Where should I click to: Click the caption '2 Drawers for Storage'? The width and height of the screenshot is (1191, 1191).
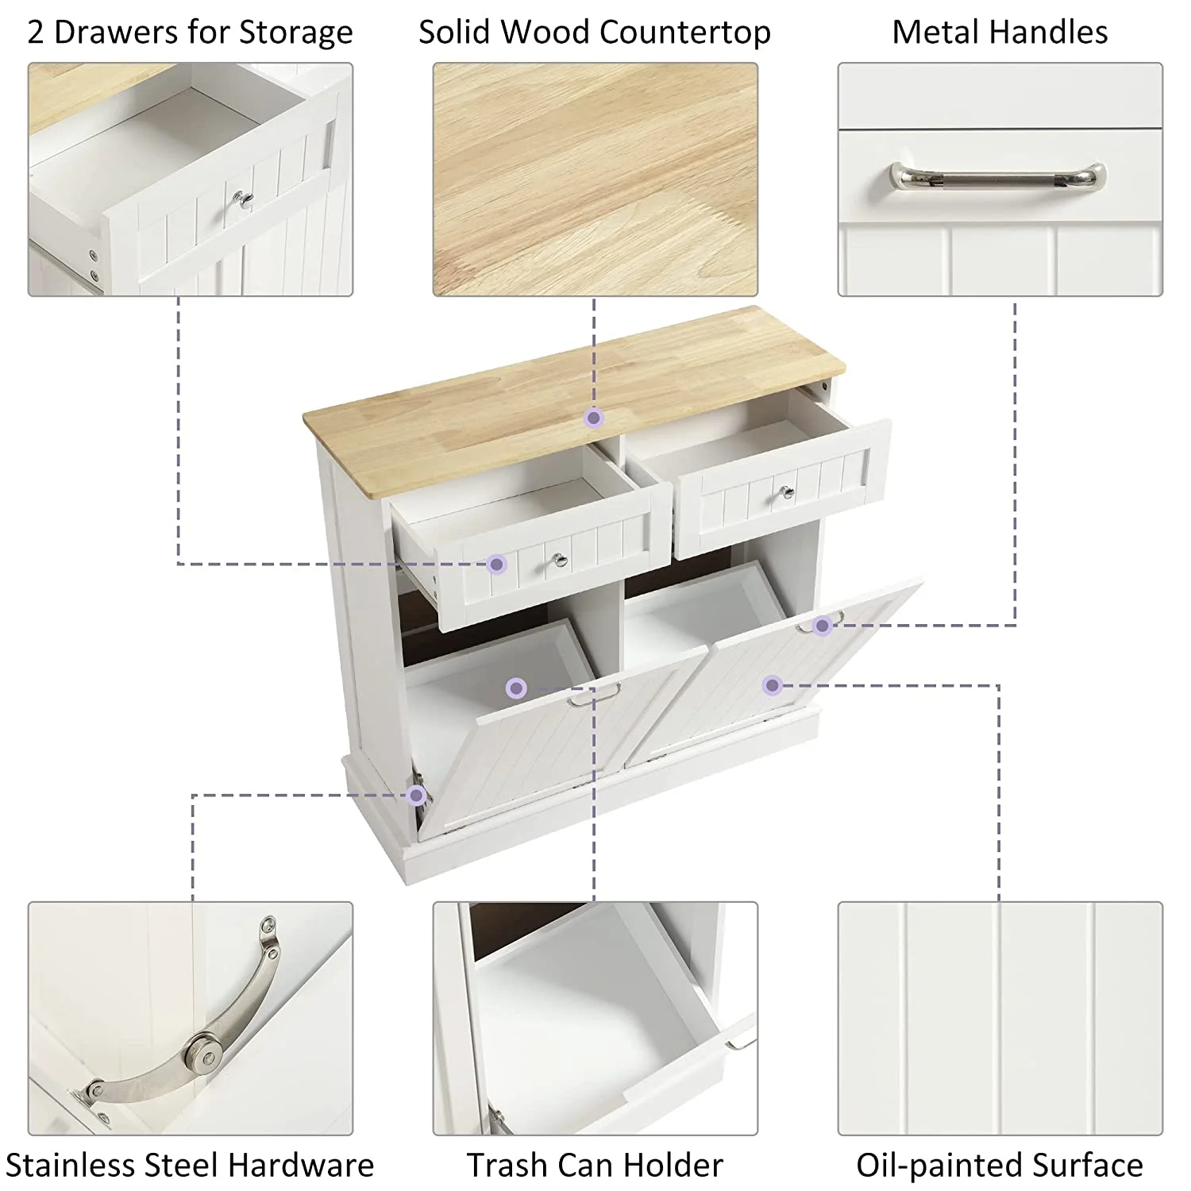coord(191,33)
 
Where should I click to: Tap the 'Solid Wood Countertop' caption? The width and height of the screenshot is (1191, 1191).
coord(595,33)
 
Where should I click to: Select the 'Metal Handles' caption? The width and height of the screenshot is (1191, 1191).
coord(1000,33)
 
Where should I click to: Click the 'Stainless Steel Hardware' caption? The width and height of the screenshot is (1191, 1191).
coord(190,1165)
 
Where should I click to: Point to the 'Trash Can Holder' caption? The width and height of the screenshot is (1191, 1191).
coord(595,1165)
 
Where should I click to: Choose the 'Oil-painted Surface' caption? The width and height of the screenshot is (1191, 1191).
coord(1000,1165)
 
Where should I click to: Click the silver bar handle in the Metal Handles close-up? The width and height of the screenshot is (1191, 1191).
coord(998,175)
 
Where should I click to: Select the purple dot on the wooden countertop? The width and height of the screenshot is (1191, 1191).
coord(594,418)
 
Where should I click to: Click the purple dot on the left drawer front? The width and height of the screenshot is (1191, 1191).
coord(497,564)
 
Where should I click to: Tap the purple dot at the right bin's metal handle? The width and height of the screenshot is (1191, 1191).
coord(823,626)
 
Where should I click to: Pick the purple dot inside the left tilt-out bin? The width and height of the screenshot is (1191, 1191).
coord(516,688)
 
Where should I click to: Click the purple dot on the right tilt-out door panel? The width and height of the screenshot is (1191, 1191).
coord(773,684)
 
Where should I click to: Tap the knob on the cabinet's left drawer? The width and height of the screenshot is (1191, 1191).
coord(561,561)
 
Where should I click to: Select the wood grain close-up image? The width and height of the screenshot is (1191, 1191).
coord(595,180)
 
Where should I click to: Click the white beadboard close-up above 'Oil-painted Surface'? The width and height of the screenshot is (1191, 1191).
coord(1000,1019)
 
